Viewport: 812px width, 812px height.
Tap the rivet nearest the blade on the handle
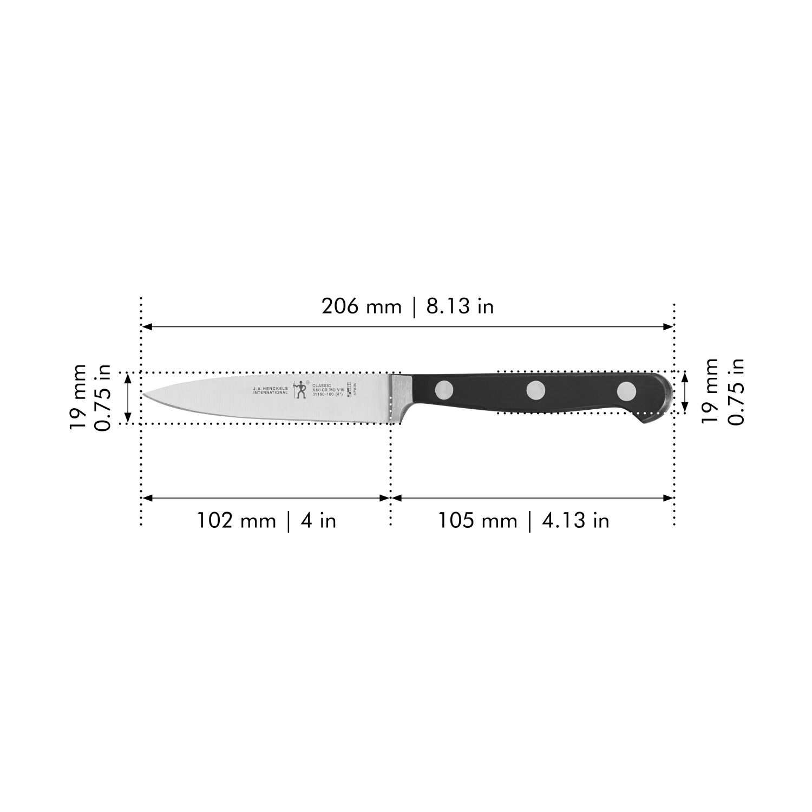[444, 389]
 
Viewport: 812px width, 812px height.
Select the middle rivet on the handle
[536, 390]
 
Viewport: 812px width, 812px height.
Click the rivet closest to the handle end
[627, 390]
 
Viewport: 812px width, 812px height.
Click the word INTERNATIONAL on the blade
[271, 392]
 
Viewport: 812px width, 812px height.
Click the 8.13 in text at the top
[460, 307]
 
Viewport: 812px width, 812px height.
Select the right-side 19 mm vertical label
[710, 391]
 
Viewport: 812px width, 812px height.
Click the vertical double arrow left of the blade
[128, 398]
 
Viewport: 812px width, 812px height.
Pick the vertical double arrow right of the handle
[685, 391]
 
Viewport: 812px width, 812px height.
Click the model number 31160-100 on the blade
[324, 395]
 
